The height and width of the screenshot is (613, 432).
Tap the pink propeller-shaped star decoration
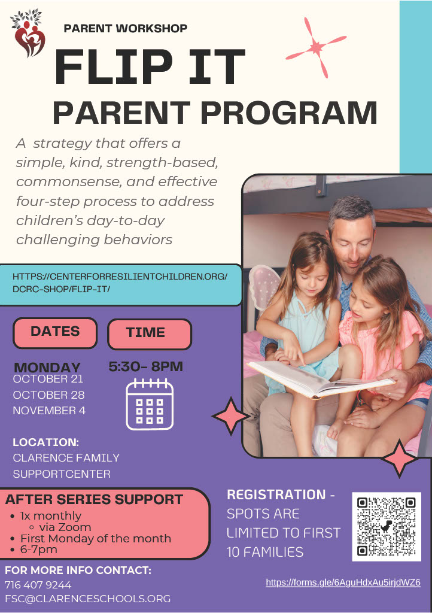coord(315,48)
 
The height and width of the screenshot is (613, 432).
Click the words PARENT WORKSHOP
coord(125,28)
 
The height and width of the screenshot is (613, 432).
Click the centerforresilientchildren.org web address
coord(120,283)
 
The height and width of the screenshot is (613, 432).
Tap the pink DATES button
coord(55,332)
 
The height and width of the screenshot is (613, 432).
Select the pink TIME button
coord(149,333)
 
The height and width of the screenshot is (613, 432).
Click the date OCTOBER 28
coord(48,394)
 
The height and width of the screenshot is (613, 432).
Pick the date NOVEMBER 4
coord(49,411)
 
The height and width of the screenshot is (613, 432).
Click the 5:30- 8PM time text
coord(145,366)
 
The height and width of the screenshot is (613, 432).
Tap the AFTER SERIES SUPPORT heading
coord(95,499)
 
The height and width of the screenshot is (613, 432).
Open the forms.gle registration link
coord(343,582)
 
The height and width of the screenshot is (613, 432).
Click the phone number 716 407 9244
coord(38,585)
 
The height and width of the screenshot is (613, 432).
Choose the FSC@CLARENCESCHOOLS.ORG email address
coord(87,599)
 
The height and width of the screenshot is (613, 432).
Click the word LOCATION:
coord(46,442)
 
